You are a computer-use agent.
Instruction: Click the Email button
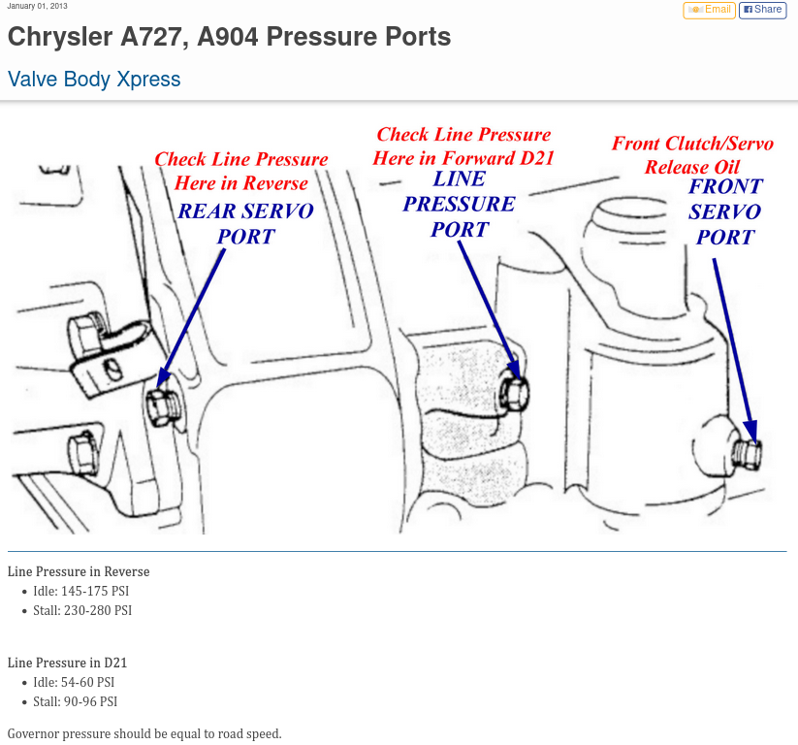[709, 10]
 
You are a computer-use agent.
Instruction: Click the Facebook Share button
[762, 10]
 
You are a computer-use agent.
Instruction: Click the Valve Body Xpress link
[94, 80]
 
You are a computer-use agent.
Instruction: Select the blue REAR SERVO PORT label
[246, 224]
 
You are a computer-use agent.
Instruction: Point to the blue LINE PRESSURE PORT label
[460, 204]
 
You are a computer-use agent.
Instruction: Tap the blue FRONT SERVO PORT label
[725, 211]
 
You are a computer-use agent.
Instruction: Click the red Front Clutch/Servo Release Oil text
[692, 155]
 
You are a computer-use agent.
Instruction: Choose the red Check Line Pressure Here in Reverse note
[241, 171]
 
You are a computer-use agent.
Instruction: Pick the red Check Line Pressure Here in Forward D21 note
[463, 146]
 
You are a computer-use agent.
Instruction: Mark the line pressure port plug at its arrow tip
[514, 389]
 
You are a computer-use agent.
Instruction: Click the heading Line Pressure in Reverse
[79, 571]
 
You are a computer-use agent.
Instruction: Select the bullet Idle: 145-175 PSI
[81, 591]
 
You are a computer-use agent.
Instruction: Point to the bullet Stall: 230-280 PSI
[82, 610]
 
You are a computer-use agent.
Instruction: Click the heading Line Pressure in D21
[67, 663]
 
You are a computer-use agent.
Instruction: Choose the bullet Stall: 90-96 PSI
[76, 701]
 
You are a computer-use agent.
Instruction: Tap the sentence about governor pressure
[144, 733]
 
